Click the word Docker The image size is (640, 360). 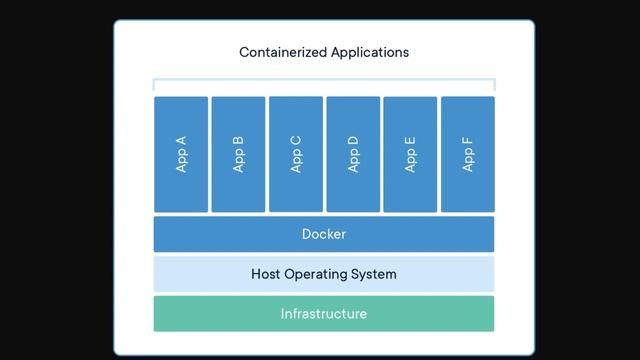click(x=324, y=234)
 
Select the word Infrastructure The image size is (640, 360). click(x=324, y=314)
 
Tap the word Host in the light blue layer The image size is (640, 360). click(x=267, y=274)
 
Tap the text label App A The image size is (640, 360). click(x=181, y=154)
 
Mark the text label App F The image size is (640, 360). click(x=467, y=154)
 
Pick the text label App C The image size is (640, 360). click(x=296, y=154)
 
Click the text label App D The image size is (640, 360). click(x=353, y=154)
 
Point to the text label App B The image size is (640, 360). click(x=238, y=154)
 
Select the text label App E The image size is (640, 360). click(x=410, y=154)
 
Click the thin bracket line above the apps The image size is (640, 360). click(x=324, y=80)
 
